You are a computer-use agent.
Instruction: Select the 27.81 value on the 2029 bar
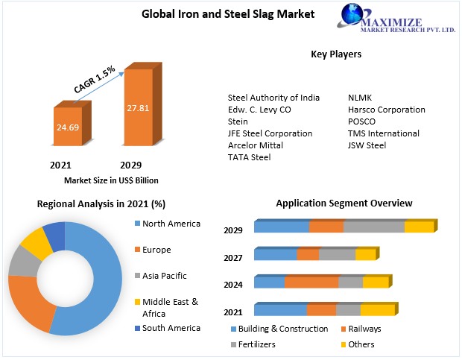138,108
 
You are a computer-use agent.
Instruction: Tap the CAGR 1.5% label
94,80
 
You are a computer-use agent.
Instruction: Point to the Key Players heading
336,54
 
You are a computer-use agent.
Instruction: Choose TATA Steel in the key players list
249,157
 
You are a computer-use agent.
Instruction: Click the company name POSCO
361,121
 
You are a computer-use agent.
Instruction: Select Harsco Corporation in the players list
386,110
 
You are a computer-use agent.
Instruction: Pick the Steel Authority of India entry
273,98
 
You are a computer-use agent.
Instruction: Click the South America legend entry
171,328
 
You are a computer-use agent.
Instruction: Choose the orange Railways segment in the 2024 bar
311,282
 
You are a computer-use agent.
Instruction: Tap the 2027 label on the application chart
234,258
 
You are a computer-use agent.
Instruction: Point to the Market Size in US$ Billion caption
111,180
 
